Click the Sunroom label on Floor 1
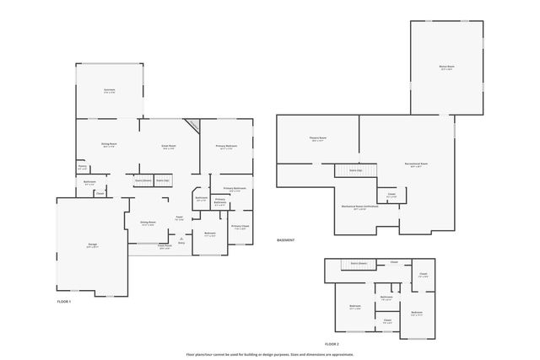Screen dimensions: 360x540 109,90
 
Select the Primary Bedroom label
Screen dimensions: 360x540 226,147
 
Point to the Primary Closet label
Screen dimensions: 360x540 240,227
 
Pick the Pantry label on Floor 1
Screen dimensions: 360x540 83,167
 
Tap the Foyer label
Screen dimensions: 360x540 180,218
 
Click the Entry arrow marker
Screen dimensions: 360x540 181,240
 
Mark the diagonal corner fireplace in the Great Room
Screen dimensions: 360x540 193,126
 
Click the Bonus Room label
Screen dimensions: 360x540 446,67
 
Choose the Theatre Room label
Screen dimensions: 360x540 317,139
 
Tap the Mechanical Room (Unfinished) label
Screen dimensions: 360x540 354,207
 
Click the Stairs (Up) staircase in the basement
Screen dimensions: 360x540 355,171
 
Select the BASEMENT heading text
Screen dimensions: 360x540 286,240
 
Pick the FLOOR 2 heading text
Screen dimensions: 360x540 332,344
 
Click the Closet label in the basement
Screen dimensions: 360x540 391,195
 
